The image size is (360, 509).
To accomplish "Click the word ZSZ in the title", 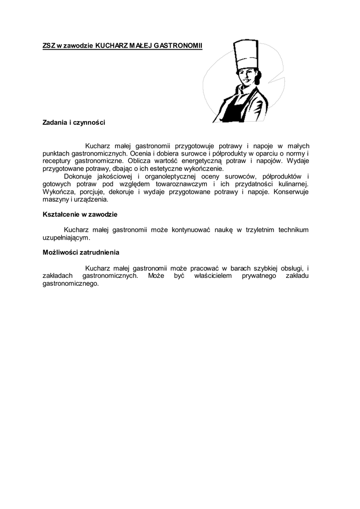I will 48,46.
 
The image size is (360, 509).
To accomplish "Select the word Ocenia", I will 141,154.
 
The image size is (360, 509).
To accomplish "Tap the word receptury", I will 57,161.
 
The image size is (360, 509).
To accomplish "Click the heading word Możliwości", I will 60,253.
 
